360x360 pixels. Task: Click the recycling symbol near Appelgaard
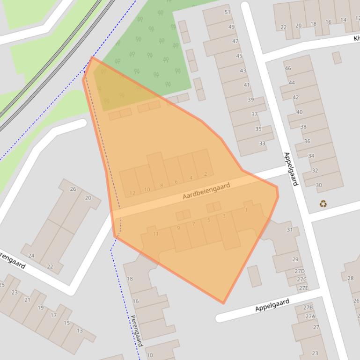pos(323,203)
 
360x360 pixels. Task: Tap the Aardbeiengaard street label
pos(206,191)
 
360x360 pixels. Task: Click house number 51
pos(228,12)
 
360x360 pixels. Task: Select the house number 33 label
pos(262,144)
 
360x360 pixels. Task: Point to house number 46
pos(288,68)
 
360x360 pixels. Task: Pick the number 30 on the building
pos(319,185)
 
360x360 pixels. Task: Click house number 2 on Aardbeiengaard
pos(205,174)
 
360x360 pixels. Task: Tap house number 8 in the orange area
pos(162,186)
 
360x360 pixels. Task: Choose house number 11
pos(156,234)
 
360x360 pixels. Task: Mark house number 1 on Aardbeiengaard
pos(246,210)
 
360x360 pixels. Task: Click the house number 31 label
pos(289,230)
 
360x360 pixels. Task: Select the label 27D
pos(300,271)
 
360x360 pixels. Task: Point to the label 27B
pos(308,307)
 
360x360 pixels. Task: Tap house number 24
pos(31,256)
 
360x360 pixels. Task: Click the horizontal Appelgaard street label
pos(272,305)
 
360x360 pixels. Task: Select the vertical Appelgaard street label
pos(291,169)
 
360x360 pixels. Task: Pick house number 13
pos(80,331)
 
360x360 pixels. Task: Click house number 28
pos(350,278)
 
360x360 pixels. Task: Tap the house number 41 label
pos(247,85)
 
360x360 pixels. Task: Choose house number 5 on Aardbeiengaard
pos(209,220)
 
